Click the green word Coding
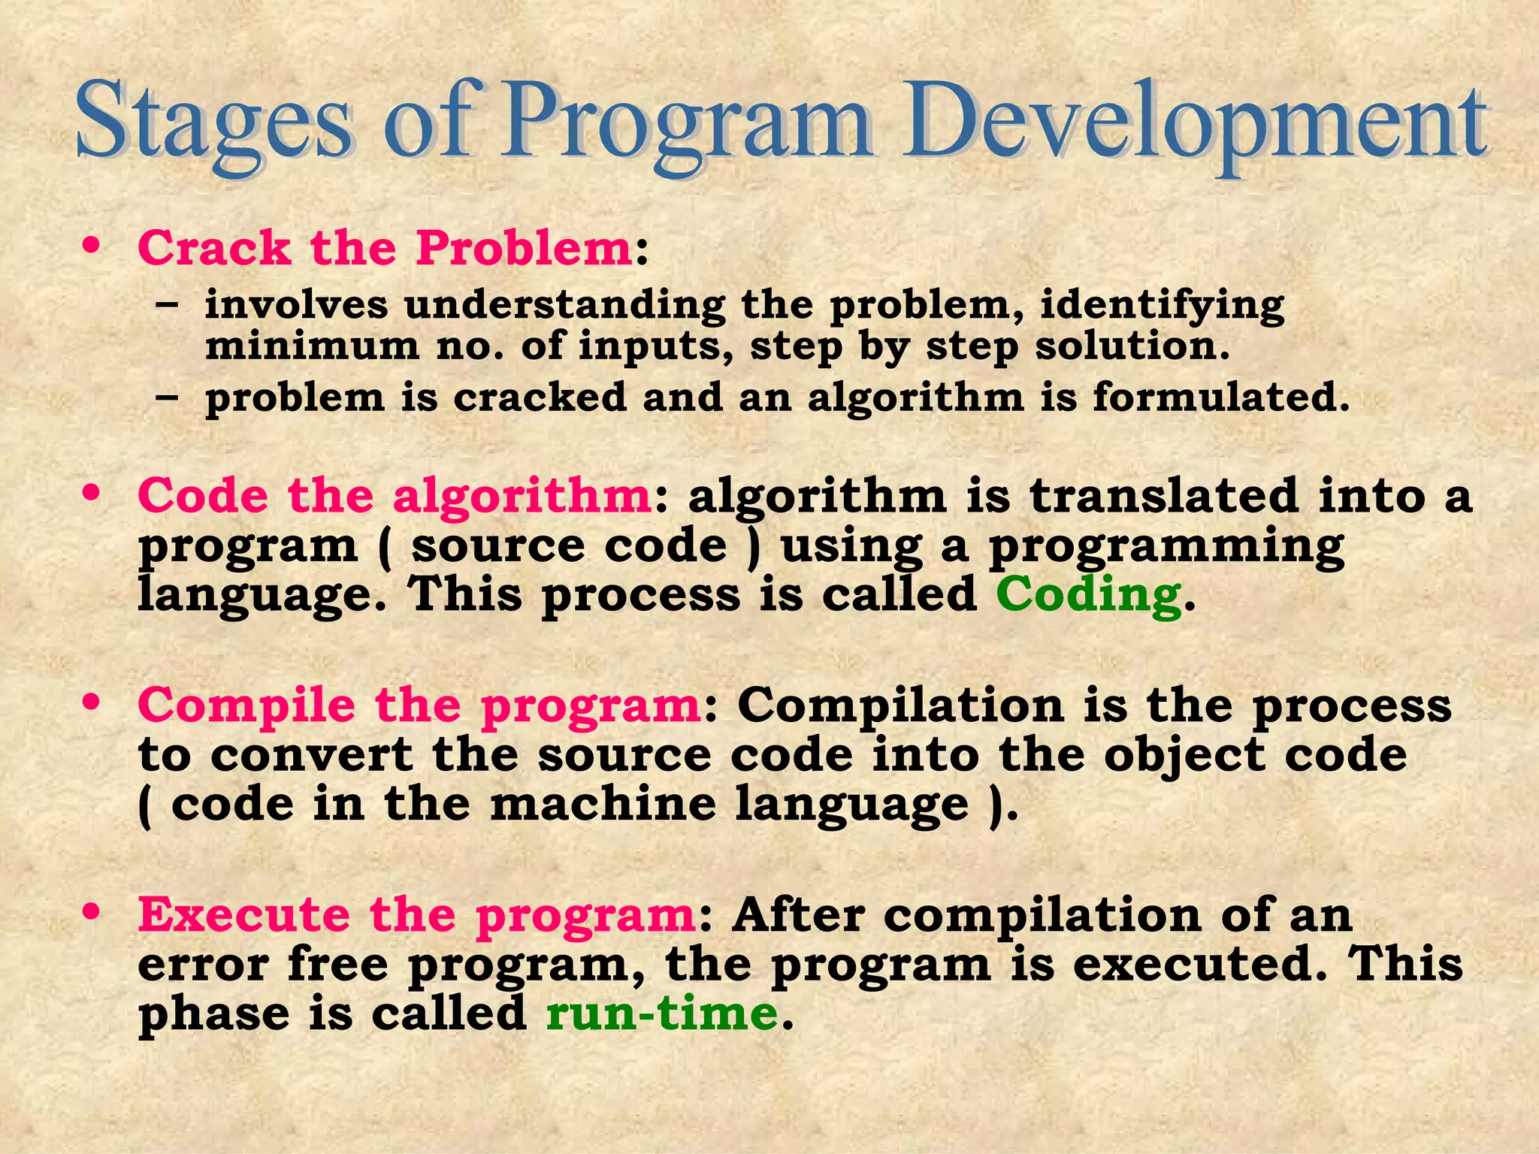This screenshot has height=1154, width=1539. [1088, 595]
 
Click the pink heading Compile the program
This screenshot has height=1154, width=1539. [419, 706]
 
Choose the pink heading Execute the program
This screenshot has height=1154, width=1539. [416, 915]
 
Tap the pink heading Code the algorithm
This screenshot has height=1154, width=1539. [395, 497]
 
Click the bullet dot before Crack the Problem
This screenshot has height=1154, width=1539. [92, 246]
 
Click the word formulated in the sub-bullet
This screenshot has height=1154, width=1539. [1220, 397]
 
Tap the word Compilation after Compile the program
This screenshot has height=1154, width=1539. [900, 706]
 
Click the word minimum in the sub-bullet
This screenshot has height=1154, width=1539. [312, 347]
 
